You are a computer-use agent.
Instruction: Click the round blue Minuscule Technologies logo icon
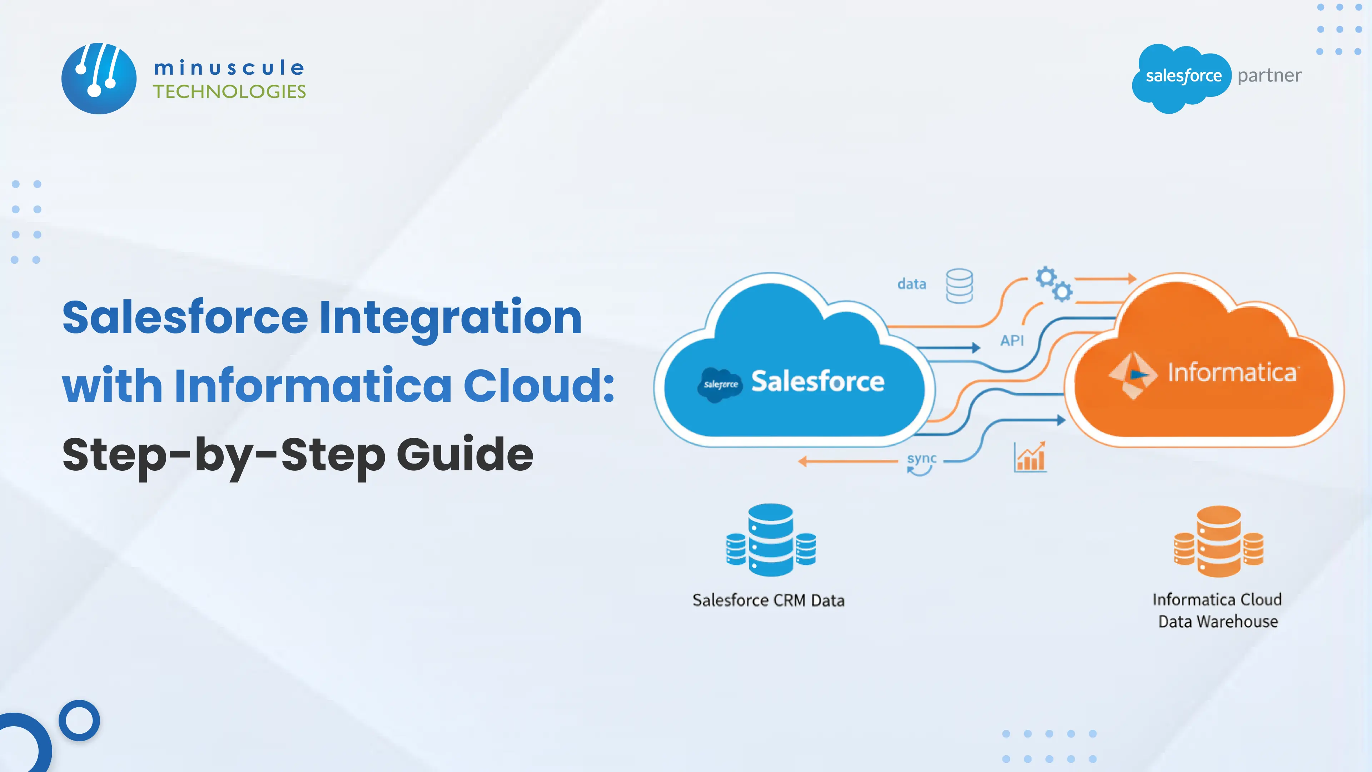[99, 78]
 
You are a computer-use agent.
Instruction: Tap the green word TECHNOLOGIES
[229, 91]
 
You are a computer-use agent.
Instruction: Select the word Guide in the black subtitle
[464, 455]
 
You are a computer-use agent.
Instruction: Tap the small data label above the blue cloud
[911, 284]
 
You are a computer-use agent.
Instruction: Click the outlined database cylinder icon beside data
[959, 286]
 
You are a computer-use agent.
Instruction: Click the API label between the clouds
[1011, 341]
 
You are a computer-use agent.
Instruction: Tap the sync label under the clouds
[921, 459]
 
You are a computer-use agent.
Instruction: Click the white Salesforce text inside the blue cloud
[817, 381]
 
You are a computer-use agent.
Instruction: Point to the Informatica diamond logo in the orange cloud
[1132, 375]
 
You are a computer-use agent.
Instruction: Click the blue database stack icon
[771, 540]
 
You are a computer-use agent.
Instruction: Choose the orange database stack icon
[1218, 541]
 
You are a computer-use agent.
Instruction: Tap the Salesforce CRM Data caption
[768, 600]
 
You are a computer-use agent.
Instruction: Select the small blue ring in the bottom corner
[79, 720]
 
